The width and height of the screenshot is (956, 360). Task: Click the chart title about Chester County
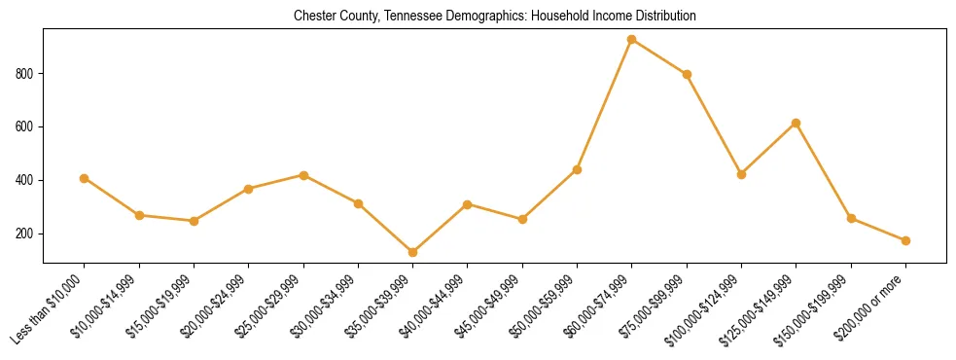coord(494,17)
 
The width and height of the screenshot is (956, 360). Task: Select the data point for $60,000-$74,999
coord(632,40)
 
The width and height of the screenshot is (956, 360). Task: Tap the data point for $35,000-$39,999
coord(413,252)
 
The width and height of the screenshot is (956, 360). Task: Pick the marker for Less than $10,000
coord(85,178)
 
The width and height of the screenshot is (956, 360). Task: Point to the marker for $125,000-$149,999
coord(797,123)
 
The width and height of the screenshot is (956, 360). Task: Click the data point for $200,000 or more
coord(905,240)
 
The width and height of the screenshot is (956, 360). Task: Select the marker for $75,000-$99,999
coord(687,74)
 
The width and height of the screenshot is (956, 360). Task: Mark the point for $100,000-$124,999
coord(741,174)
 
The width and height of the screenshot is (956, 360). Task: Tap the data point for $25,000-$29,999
coord(303,175)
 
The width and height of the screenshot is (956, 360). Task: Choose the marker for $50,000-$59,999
coord(577,169)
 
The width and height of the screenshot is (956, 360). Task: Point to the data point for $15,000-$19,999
coord(194,221)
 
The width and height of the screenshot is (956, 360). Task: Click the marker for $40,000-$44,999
coord(468,204)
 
